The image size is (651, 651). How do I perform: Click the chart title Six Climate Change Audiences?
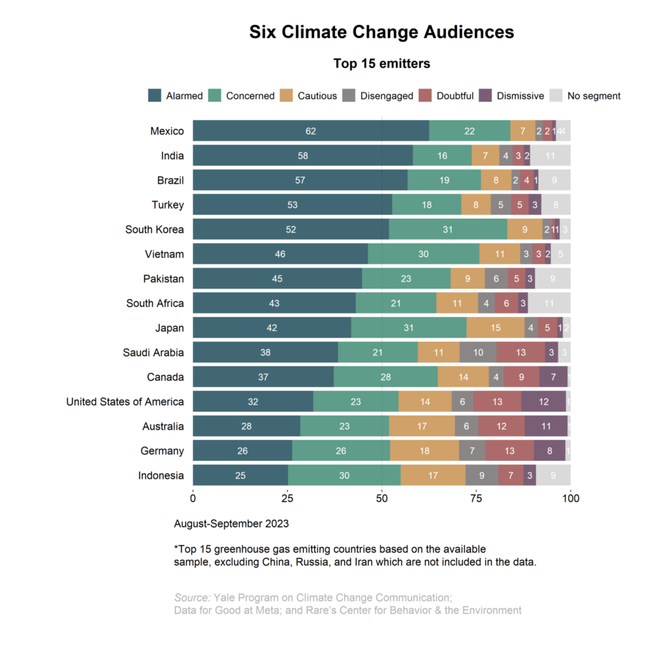click(x=381, y=32)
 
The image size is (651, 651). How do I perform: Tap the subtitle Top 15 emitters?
click(x=381, y=64)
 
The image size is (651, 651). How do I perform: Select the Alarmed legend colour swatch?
click(x=154, y=96)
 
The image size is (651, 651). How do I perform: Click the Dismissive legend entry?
click(x=520, y=96)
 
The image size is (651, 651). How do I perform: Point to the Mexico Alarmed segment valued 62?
click(x=310, y=131)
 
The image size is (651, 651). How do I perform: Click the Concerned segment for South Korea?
click(x=448, y=230)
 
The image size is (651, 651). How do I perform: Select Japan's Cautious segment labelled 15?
click(x=495, y=328)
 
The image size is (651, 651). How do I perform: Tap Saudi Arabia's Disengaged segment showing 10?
click(x=477, y=352)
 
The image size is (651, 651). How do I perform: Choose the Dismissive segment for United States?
click(x=544, y=402)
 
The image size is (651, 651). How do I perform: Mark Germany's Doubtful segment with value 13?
click(x=509, y=451)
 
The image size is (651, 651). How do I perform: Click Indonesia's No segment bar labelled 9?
click(x=554, y=476)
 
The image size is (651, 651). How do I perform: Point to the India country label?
click(x=172, y=156)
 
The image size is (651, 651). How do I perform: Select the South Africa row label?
click(x=155, y=303)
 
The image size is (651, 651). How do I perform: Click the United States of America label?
click(x=125, y=402)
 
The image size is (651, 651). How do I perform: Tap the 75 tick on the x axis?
click(x=476, y=498)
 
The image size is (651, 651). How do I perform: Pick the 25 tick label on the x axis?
click(x=287, y=498)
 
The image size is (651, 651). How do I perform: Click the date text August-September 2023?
click(x=231, y=524)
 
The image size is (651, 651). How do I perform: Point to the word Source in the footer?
click(x=192, y=598)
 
